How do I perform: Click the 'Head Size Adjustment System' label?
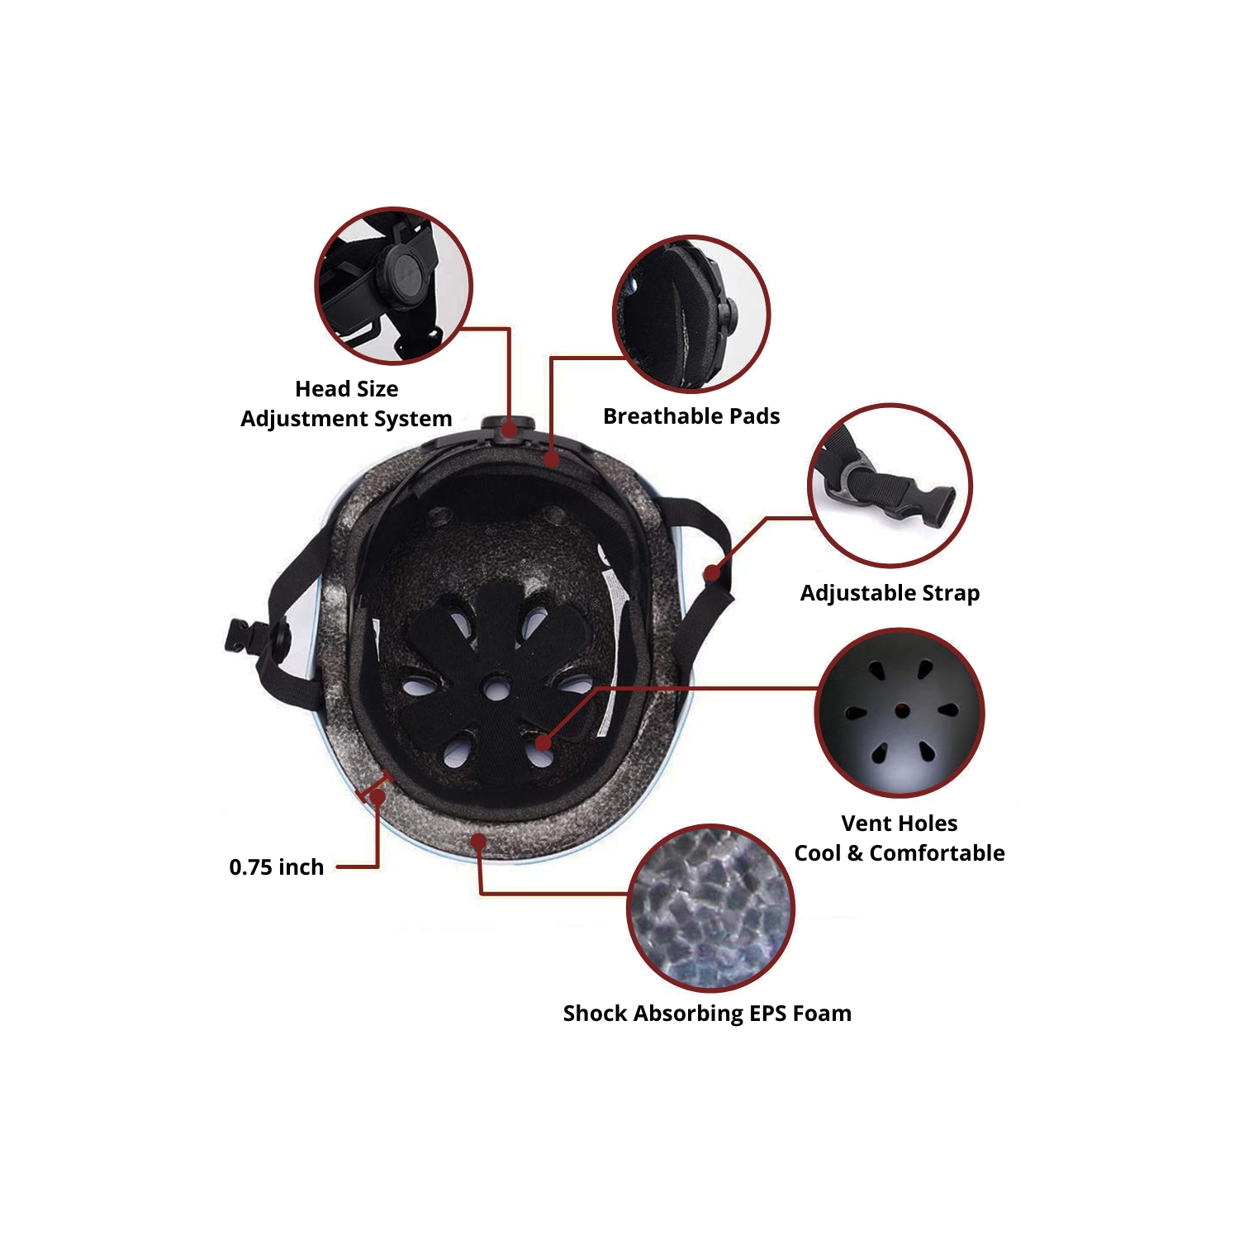click(346, 403)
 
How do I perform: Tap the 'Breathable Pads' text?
click(691, 416)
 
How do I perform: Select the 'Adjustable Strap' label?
click(890, 593)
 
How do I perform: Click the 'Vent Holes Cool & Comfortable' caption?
click(900, 838)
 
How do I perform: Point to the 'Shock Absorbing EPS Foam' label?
click(707, 1014)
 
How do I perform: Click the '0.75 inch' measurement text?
click(276, 867)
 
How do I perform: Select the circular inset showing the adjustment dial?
click(394, 285)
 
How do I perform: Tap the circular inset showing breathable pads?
click(691, 314)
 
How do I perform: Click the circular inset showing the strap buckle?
click(890, 486)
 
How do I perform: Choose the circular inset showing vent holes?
click(900, 712)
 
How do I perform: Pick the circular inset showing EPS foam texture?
click(710, 908)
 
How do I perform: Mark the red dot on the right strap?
click(711, 573)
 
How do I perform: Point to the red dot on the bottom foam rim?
click(478, 842)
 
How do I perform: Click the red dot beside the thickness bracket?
click(377, 797)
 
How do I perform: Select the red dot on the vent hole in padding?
click(543, 742)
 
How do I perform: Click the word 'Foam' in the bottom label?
click(822, 1014)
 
